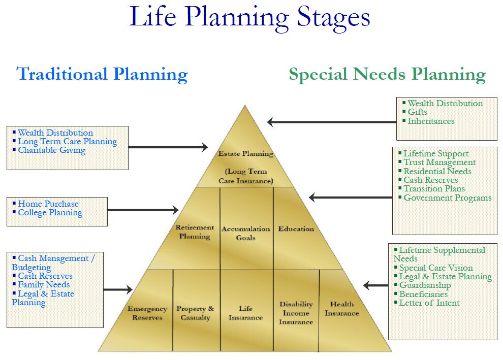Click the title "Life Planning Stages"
(x=249, y=17)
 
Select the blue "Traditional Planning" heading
(x=102, y=74)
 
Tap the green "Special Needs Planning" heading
(x=387, y=75)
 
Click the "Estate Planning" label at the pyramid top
(x=245, y=153)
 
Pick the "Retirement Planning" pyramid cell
(x=193, y=232)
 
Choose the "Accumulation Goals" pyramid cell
(x=245, y=233)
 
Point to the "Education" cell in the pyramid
(x=296, y=229)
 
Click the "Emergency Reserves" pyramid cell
(x=147, y=313)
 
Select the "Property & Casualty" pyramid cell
(x=195, y=313)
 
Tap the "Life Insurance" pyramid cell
(x=245, y=313)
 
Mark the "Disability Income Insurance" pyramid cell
(x=296, y=313)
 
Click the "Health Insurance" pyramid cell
(x=342, y=309)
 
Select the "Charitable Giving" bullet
(x=51, y=150)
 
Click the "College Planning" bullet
(x=50, y=213)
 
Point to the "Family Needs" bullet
(x=44, y=285)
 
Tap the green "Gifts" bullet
(x=417, y=112)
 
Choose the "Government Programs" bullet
(x=447, y=198)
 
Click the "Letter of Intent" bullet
(x=429, y=303)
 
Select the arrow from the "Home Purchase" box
(x=143, y=210)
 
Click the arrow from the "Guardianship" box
(x=376, y=285)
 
